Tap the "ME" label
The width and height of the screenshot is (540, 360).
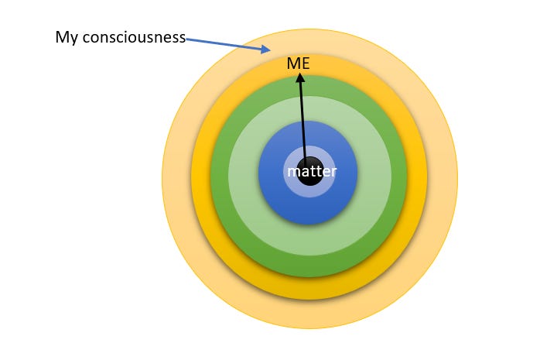tap(298, 63)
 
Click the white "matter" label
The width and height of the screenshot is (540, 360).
tap(312, 171)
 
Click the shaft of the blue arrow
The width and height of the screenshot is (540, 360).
tap(224, 43)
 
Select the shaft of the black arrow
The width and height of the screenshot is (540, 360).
tap(303, 116)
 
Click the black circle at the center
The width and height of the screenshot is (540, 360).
tap(309, 183)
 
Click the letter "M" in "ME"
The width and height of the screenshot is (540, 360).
tap(293, 63)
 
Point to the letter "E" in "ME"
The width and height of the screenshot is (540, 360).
tap(305, 63)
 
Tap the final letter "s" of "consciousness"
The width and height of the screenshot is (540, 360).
tap(181, 37)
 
